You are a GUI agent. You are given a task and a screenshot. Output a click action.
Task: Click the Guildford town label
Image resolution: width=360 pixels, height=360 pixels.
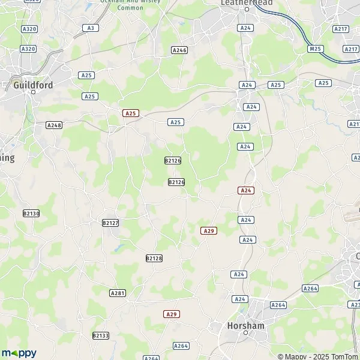33,86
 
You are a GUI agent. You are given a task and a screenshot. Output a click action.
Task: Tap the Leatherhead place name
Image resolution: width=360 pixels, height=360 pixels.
247,3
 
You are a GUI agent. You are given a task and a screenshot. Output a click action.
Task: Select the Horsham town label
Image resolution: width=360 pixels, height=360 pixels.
246,325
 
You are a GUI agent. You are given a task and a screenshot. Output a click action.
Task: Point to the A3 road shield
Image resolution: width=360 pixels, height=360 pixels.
91,28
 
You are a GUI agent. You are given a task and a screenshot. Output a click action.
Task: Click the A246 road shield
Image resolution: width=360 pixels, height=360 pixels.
179,50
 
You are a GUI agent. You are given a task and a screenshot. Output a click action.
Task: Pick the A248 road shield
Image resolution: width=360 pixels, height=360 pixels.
54,125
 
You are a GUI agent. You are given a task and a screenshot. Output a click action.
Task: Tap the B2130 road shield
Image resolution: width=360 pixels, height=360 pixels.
31,213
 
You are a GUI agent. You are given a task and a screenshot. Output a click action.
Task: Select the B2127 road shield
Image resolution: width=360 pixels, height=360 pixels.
110,223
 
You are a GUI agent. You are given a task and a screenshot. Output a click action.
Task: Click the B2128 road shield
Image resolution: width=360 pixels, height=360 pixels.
154,258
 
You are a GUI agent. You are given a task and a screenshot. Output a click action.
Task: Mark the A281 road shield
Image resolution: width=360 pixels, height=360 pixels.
118,293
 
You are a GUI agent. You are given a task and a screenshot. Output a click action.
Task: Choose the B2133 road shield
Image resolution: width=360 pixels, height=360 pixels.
101,335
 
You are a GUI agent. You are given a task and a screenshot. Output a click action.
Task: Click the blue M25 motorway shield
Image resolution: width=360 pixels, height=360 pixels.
315,48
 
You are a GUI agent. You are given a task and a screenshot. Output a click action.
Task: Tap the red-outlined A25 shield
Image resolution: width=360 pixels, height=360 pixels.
131,113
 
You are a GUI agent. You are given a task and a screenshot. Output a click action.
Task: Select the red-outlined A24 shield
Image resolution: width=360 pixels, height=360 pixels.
246,190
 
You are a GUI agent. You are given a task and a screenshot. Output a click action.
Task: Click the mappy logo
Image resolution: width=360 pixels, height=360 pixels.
19,353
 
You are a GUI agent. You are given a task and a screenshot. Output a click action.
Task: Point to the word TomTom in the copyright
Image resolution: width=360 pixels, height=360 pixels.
346,356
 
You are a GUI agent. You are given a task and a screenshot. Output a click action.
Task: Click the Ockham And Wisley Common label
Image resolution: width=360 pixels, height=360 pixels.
131,4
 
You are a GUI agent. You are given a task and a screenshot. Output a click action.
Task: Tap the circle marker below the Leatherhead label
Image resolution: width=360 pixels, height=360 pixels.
246,10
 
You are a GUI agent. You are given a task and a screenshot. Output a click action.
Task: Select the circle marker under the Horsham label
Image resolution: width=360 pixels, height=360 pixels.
246,332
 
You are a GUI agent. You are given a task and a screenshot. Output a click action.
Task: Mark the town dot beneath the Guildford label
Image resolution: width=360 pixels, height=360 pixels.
33,94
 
